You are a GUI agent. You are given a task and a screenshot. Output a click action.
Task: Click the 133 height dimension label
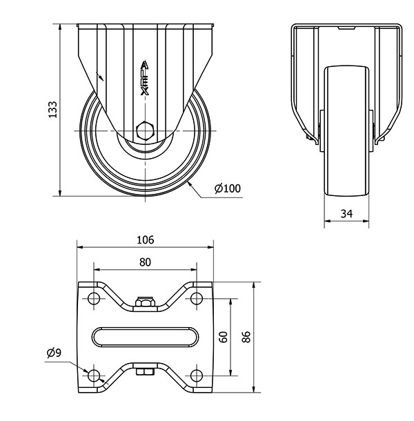[x=52, y=109]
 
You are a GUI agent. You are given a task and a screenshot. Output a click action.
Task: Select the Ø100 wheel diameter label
[x=228, y=188]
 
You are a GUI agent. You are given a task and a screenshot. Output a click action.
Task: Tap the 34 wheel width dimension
[x=346, y=214]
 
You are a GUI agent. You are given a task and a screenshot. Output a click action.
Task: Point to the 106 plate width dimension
[x=146, y=239]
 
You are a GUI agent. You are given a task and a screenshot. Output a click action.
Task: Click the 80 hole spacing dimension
[x=146, y=262]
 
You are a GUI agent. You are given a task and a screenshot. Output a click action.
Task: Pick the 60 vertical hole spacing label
[x=224, y=337]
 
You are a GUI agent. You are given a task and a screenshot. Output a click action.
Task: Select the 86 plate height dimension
[x=246, y=337]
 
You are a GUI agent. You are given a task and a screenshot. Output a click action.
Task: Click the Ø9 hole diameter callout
[x=54, y=353]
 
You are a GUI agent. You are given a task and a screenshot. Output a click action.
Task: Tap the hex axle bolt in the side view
[x=145, y=130]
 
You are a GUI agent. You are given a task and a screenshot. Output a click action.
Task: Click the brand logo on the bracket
[x=145, y=78]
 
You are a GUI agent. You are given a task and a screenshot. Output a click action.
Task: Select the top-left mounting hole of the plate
[x=94, y=298]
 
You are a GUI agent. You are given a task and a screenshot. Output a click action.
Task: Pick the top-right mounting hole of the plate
[x=197, y=298]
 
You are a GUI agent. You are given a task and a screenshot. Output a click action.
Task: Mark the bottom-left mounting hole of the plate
[x=94, y=375]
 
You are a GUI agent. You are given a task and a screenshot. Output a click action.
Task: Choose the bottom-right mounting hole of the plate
[x=197, y=375]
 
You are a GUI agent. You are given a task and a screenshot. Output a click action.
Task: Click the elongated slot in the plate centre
[x=145, y=337]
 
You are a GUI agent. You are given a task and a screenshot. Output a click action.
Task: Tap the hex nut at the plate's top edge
[x=146, y=302]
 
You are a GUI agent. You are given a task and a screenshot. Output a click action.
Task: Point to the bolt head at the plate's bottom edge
[x=145, y=372]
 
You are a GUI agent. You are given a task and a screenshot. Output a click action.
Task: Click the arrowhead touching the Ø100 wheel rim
[x=189, y=184]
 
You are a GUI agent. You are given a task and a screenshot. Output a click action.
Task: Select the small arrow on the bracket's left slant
[x=100, y=76]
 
